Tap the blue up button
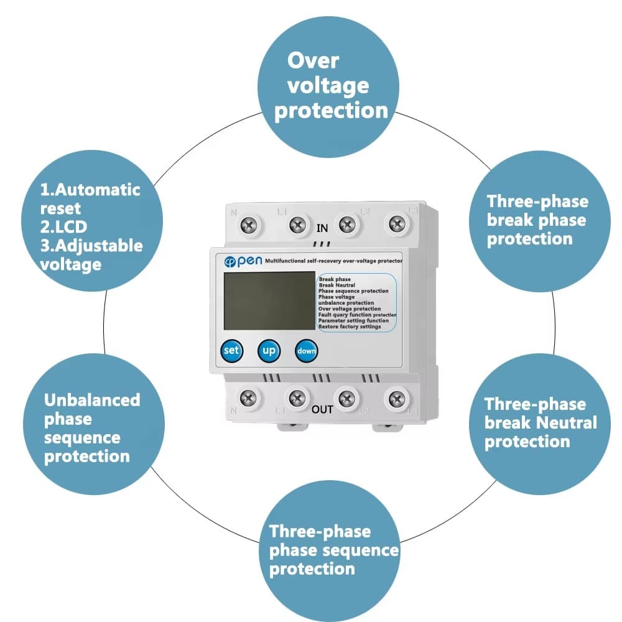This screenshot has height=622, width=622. tap(269, 350)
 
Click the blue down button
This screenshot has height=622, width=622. tap(306, 351)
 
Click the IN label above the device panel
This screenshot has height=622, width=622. tap(322, 228)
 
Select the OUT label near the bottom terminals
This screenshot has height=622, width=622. tap(322, 409)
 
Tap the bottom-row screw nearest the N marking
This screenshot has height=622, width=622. tap(249, 396)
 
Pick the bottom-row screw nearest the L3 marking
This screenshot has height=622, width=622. tap(395, 396)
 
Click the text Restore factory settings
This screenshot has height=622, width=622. tap(349, 327)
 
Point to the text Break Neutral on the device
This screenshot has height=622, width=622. tap(337, 285)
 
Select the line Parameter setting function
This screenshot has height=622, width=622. tap(353, 321)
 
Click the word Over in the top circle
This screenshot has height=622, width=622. tap(313, 61)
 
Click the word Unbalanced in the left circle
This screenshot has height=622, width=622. tap(92, 400)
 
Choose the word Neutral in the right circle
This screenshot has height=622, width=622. tap(567, 423)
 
